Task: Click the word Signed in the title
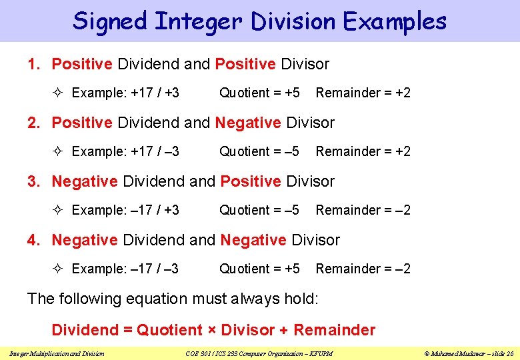[x=110, y=21]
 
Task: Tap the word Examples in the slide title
[x=395, y=21]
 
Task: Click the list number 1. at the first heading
[x=34, y=64]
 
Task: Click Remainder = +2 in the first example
[x=363, y=93]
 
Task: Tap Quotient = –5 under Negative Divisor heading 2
[x=259, y=151]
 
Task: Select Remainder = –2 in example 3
[x=363, y=210]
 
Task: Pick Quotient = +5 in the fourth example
[x=259, y=269]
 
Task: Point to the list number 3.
[x=34, y=181]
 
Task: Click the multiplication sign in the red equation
[x=211, y=330]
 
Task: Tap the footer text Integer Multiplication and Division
[x=57, y=353]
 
